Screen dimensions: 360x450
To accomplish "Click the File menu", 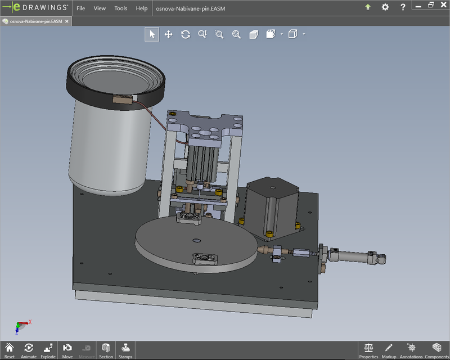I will [81, 8].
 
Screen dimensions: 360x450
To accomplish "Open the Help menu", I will [142, 8].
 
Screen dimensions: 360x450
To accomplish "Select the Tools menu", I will [121, 8].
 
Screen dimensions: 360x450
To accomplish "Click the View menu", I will [100, 8].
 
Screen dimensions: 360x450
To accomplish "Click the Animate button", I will [29, 350].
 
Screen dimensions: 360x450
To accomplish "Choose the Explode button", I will [48, 350].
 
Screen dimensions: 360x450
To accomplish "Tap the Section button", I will [106, 350].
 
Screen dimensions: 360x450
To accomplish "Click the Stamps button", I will [125, 350].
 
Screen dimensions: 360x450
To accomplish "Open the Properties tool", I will [368, 350].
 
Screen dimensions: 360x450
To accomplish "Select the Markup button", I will [389, 350].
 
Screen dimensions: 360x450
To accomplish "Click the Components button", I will [436, 350].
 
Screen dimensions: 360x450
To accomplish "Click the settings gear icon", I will [385, 7].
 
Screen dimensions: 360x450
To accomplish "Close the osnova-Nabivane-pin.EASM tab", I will [67, 21].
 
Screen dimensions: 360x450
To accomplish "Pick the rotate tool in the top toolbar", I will [185, 34].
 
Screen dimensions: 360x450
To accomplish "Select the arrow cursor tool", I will [151, 34].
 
